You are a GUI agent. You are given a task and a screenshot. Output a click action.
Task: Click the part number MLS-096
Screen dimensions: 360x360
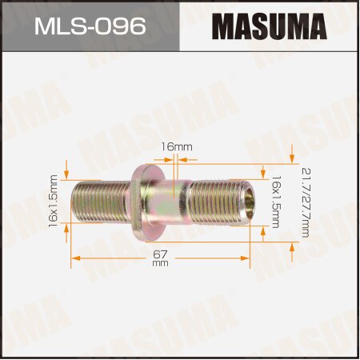click(90, 26)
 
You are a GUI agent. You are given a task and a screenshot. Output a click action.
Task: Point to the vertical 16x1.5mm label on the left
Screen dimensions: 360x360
click(54, 202)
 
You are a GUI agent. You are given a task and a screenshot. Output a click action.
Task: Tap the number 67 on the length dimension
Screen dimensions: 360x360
click(159, 254)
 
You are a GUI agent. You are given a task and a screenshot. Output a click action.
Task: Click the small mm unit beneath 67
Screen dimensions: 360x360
click(159, 263)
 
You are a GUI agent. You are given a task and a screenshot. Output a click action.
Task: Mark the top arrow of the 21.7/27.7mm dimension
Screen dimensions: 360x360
click(294, 150)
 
